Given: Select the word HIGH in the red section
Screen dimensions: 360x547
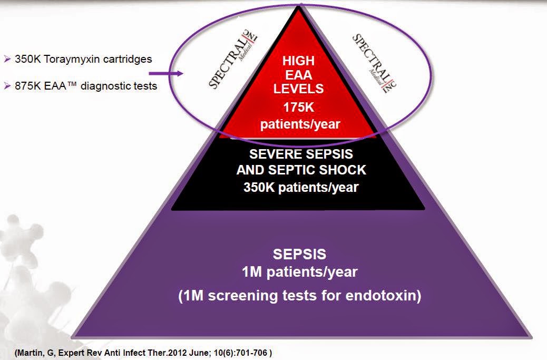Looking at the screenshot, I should click(299, 61).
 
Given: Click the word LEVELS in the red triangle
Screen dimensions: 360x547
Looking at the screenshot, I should click(299, 89).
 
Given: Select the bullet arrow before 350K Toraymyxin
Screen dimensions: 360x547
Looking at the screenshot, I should click(7, 60).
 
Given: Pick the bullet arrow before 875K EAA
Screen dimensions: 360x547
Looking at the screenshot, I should click(7, 86).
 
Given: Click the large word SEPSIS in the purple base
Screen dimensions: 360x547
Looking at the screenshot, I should click(299, 255).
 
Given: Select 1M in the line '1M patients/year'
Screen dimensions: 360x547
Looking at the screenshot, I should click(250, 273).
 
